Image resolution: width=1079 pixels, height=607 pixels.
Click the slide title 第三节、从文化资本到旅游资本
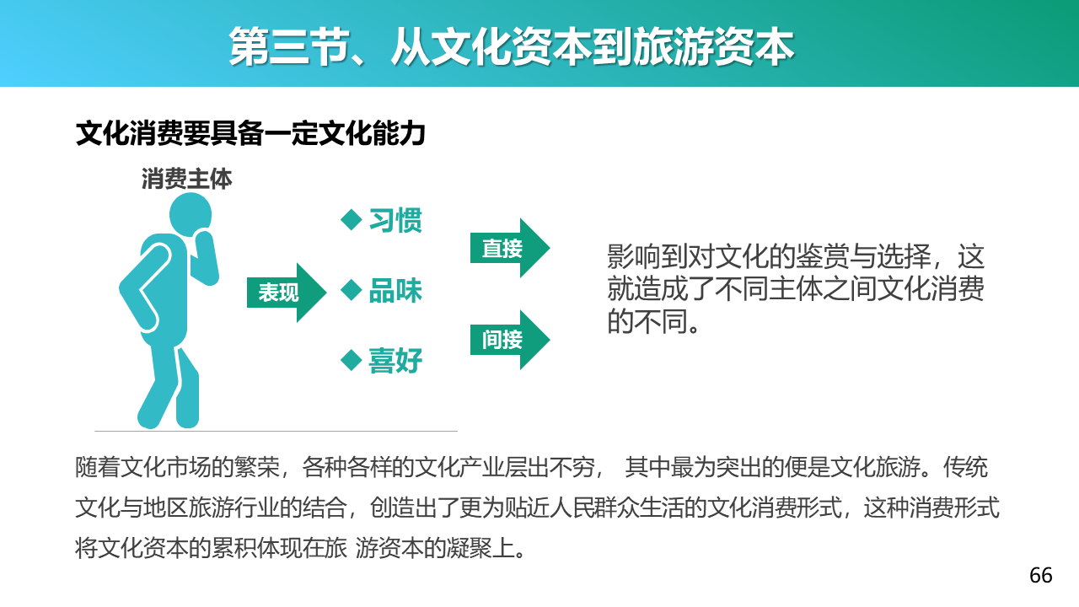pyautogui.click(x=511, y=46)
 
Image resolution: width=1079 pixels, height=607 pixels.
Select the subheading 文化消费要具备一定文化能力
pyautogui.click(x=250, y=133)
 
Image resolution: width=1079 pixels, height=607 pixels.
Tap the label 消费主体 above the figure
pyautogui.click(x=187, y=179)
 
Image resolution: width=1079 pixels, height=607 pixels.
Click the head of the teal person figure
pyautogui.click(x=191, y=214)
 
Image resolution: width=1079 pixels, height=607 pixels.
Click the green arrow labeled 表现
pyautogui.click(x=287, y=293)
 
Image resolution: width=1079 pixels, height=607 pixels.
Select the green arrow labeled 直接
pyautogui.click(x=510, y=248)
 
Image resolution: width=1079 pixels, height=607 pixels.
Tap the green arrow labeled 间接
pyautogui.click(x=510, y=340)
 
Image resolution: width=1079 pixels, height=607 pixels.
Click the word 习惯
pyautogui.click(x=395, y=221)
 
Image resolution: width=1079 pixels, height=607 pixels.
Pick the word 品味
pyautogui.click(x=395, y=291)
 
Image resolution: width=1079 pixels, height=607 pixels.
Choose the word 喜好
pyautogui.click(x=395, y=361)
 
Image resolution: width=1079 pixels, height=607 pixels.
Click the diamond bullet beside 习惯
pyautogui.click(x=352, y=220)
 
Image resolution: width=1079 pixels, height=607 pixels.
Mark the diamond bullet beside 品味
pyautogui.click(x=352, y=291)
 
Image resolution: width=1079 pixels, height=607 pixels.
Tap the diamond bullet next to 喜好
pyautogui.click(x=352, y=360)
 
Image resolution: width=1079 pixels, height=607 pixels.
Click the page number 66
pyautogui.click(x=1041, y=575)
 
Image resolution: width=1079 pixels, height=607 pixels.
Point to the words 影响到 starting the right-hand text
pyautogui.click(x=647, y=256)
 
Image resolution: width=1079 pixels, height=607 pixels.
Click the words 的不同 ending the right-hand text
pyautogui.click(x=647, y=321)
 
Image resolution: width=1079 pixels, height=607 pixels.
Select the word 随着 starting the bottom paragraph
pyautogui.click(x=97, y=467)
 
